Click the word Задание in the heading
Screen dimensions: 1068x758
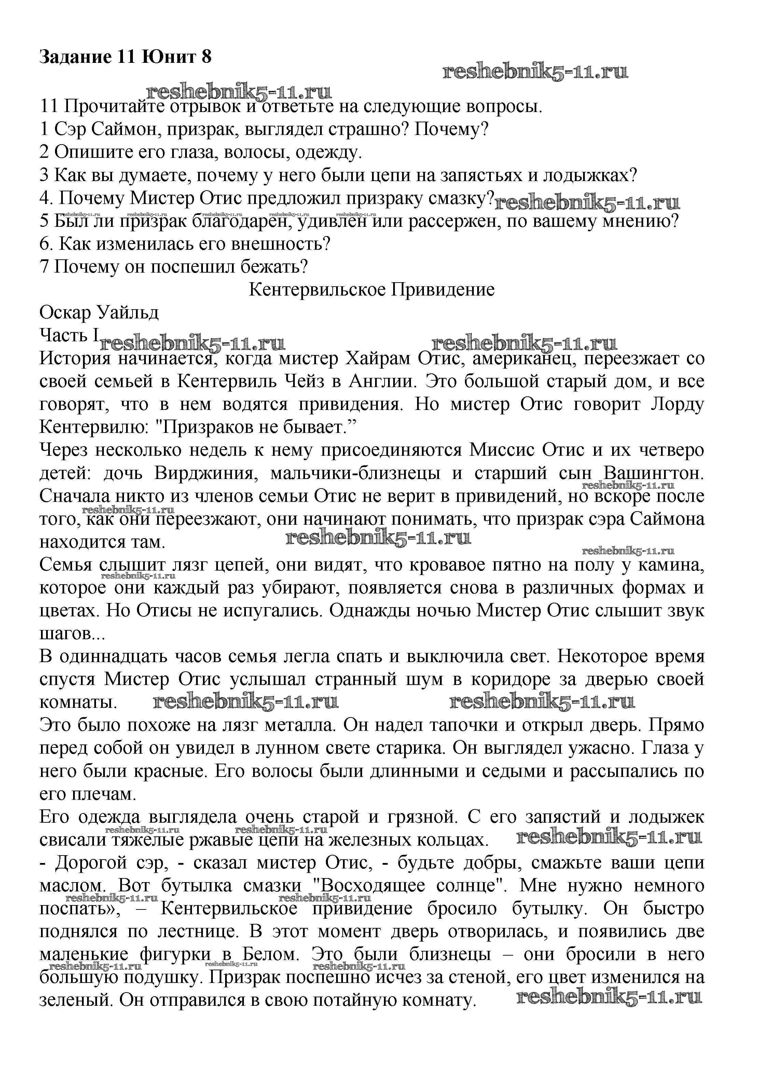point(75,57)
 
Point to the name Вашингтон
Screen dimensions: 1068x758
point(653,473)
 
